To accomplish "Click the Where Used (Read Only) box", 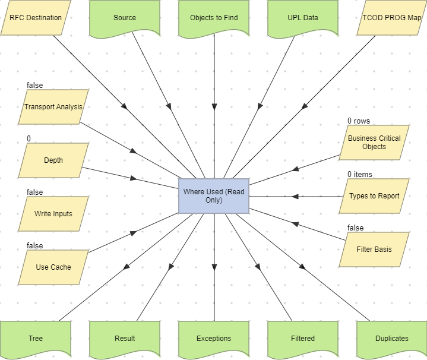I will (214, 196).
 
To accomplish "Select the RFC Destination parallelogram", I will (36, 18).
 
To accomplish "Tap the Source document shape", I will (125, 18).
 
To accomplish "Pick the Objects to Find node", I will (214, 18).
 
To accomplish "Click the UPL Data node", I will (303, 18).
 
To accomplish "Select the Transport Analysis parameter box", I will (53, 107).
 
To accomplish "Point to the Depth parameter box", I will (53, 160).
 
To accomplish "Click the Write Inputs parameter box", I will (53, 214).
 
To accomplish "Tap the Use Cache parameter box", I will (53, 267).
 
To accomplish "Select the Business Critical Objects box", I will (374, 143).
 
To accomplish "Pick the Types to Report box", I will (374, 196).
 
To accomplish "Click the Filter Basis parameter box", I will (374, 250).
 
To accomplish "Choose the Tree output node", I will (36, 339).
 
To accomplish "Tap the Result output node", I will (125, 339).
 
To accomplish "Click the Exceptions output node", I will (214, 339).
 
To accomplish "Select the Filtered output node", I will (303, 339).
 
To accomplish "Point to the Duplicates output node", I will (392, 339).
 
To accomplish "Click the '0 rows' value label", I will (359, 121).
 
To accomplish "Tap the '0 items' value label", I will (360, 175).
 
